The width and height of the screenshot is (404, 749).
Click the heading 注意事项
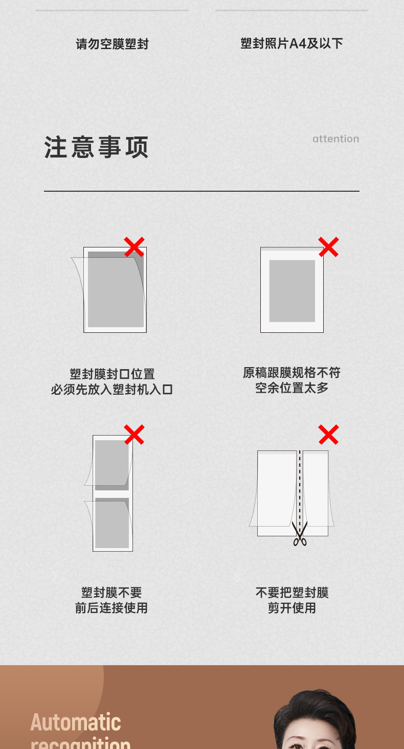coord(96,147)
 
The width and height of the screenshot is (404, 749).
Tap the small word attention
coord(336,139)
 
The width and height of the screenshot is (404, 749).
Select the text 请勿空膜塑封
coord(112,44)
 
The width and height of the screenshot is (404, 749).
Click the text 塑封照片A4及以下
coord(291,43)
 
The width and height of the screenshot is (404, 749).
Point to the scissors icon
coord(300,533)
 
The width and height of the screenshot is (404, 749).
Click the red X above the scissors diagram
coord(328,435)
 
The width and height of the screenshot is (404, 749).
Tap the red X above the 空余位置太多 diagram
coord(328,247)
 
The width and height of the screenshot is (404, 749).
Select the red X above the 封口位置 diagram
coord(134,247)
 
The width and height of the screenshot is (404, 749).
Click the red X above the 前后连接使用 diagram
coord(134,435)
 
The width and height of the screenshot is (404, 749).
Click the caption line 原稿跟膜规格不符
coord(291,373)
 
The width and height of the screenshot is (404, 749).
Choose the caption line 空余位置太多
coord(291,388)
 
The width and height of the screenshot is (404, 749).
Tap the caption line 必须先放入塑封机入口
coord(111,390)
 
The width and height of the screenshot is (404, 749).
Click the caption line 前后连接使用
coord(111,608)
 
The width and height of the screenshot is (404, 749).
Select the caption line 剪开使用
coord(291,608)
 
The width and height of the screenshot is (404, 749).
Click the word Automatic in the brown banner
coord(76,722)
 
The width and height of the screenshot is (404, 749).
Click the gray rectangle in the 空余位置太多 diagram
coord(292,291)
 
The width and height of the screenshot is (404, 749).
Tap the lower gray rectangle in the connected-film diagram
coord(112,523)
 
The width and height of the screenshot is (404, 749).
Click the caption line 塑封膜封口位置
coord(112,374)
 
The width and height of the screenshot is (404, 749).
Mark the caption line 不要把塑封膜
coord(292,593)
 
